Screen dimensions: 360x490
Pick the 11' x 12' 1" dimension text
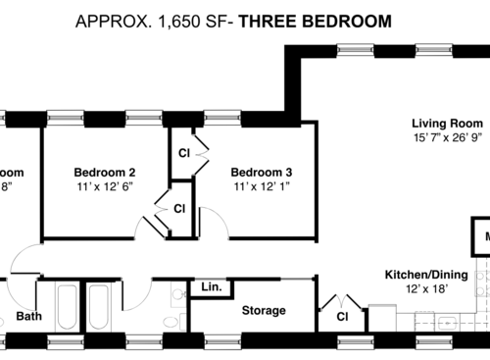pos(262,185)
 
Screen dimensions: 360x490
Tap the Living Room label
pos(447,124)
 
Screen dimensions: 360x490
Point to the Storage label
pos(264,311)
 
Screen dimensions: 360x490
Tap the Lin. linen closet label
pos(211,287)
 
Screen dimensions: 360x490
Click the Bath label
pos(28,317)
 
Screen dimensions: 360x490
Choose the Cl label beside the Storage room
pos(342,317)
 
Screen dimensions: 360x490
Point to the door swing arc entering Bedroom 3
pos(219,224)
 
